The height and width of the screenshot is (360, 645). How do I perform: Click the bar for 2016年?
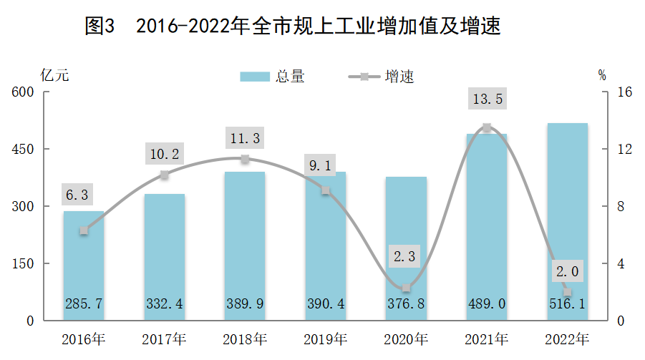[x=84, y=266]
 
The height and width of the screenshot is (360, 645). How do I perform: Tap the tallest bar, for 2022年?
[x=567, y=222]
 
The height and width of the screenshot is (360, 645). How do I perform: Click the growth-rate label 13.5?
[x=487, y=99]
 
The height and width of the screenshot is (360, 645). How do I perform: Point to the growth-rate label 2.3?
[x=407, y=256]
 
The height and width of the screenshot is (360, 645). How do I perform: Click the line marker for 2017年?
[x=164, y=175]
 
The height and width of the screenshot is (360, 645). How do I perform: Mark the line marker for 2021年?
[x=487, y=127]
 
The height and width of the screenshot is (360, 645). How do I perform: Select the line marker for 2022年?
[x=568, y=292]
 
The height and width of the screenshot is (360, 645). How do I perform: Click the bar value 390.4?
[x=326, y=304]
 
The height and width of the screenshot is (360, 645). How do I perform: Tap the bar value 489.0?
[x=487, y=304]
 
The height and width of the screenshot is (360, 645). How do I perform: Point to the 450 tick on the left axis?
[x=23, y=149]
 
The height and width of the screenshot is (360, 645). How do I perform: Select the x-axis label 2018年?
[x=245, y=339]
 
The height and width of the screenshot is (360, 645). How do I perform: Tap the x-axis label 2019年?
[x=326, y=339]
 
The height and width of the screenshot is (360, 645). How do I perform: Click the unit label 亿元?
[x=55, y=76]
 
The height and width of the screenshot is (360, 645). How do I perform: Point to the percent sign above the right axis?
[x=601, y=75]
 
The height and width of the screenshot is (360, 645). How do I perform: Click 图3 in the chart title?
[x=100, y=27]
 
